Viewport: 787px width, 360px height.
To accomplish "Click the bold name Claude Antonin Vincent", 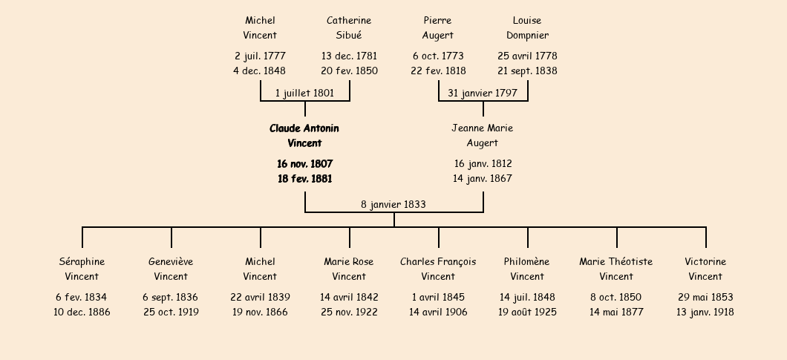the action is click(x=304, y=136).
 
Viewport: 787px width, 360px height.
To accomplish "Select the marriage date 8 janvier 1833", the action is click(x=393, y=204).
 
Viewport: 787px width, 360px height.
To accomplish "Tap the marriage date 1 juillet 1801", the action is click(x=304, y=93).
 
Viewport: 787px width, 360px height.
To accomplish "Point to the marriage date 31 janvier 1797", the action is click(x=483, y=93).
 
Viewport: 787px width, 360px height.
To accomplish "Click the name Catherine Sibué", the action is click(x=349, y=27).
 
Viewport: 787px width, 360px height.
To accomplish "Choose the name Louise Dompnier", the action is click(x=527, y=27).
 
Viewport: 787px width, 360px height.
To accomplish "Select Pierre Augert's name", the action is click(x=437, y=27).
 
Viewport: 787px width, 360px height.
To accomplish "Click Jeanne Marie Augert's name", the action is click(x=483, y=136).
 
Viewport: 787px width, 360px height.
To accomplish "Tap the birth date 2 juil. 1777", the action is click(x=260, y=56).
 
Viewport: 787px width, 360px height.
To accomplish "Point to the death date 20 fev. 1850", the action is click(x=350, y=71).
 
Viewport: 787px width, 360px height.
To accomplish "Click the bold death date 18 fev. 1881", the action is click(x=304, y=178).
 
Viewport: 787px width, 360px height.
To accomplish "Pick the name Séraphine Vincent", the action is click(x=82, y=269).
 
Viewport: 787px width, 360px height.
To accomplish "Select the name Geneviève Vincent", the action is click(x=171, y=269).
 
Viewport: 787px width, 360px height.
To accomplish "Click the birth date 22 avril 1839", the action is click(x=260, y=297).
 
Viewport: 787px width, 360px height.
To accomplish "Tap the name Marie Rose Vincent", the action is click(x=349, y=269).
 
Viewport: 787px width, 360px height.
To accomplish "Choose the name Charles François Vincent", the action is click(x=438, y=269).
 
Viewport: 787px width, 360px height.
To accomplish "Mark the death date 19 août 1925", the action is click(x=527, y=312).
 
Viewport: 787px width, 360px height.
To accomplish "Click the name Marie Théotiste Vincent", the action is click(x=615, y=269).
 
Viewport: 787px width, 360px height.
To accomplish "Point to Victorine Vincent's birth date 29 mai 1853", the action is click(x=705, y=297).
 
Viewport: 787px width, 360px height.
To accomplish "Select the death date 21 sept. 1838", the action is click(x=527, y=71).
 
